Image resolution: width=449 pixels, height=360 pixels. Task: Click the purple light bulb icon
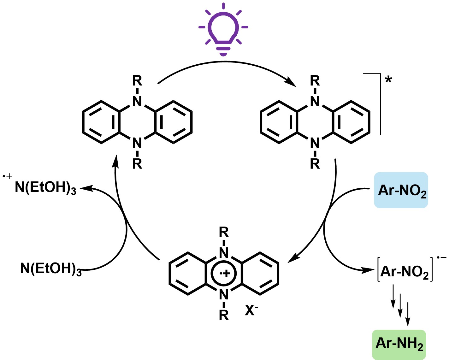[223, 30]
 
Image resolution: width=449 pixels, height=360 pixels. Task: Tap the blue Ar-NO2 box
[401, 190]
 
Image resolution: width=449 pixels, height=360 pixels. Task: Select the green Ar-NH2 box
[399, 344]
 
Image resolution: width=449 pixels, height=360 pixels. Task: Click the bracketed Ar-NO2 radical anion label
[405, 270]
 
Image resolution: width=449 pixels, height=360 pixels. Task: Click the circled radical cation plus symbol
[224, 274]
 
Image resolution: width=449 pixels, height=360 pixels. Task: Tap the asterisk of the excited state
[388, 80]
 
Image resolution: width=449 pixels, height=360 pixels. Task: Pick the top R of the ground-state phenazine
[137, 81]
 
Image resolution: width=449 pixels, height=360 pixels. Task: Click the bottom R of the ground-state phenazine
[137, 164]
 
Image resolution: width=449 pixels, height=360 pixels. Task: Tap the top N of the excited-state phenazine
[315, 101]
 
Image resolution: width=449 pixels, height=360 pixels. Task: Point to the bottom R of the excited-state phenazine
[315, 164]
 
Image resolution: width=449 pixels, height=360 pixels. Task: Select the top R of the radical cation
[224, 233]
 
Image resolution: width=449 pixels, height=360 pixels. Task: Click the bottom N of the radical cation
[224, 295]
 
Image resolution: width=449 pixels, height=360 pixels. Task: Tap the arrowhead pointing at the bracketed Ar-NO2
[373, 270]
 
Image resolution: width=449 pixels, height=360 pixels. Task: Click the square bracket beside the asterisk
[380, 104]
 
